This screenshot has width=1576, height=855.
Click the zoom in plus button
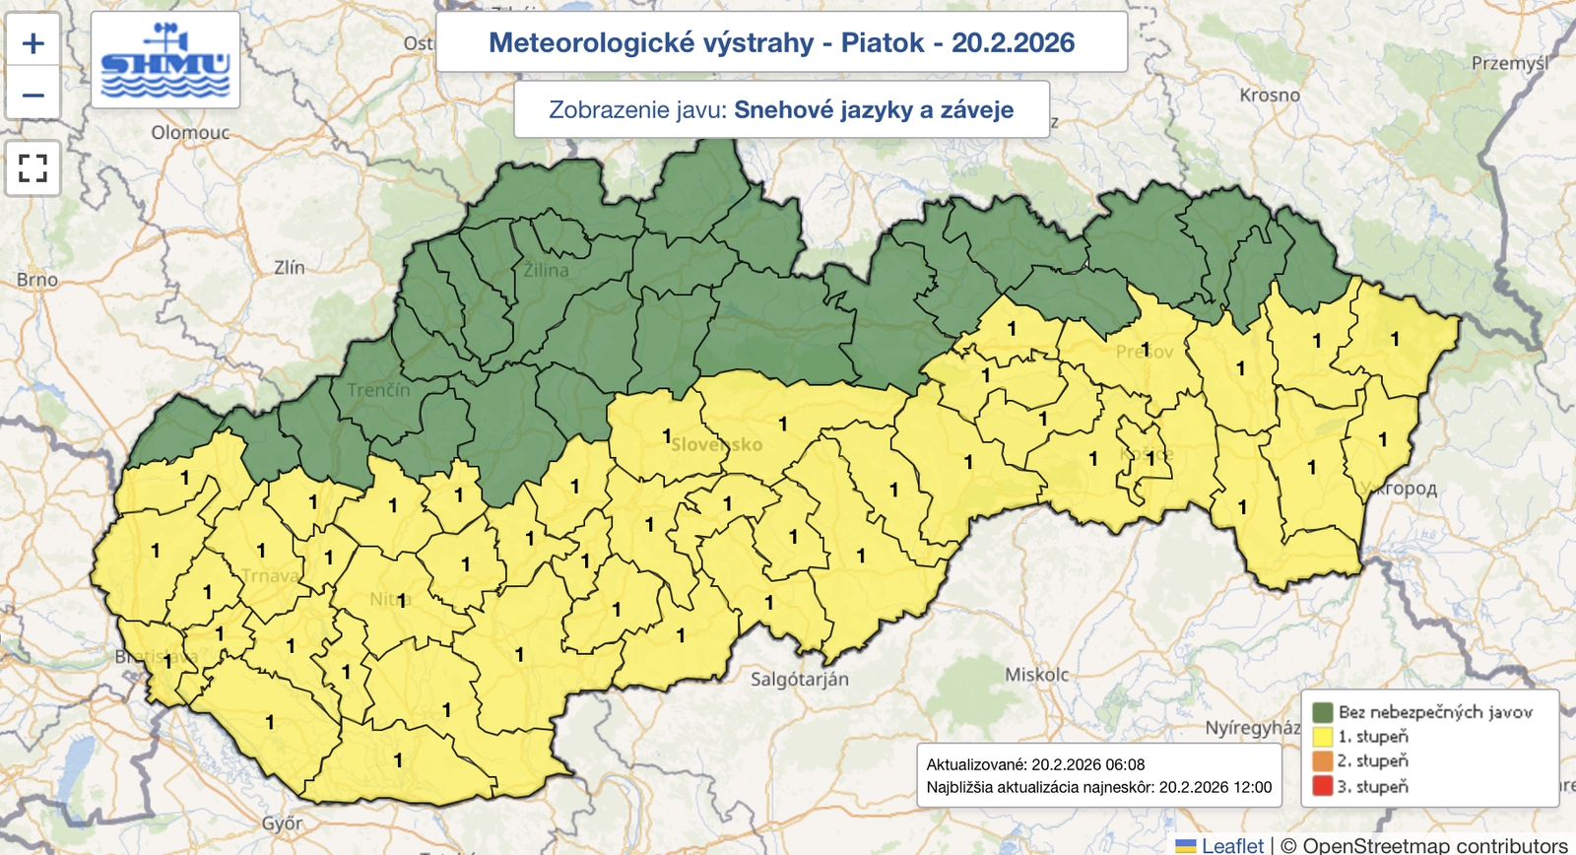coord(33,43)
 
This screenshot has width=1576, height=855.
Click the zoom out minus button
coord(33,96)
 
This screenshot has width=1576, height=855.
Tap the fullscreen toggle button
coord(33,168)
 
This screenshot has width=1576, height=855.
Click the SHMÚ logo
coord(165,61)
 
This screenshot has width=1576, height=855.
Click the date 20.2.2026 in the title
coord(1013,42)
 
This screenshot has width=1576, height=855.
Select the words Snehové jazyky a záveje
coord(874,109)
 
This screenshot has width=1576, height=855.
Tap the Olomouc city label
coord(190,132)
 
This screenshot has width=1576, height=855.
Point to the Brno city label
coord(37,280)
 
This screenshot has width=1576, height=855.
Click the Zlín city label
coord(289,267)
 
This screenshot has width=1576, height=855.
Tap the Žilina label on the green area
coord(546,270)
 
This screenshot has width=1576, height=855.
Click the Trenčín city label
coord(378,390)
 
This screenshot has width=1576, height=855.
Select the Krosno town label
coord(1270,96)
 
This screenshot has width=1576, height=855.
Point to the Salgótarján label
coord(799,679)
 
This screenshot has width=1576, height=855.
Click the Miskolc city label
coord(1036,675)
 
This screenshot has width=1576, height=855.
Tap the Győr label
coord(282,822)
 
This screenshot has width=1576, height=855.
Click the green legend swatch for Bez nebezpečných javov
coord(1322,712)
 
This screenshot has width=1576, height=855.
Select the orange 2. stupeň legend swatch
coord(1322,761)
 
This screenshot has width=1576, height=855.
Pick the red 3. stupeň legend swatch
coord(1322,786)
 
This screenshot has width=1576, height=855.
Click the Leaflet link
coord(1231,845)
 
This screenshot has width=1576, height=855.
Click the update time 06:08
coord(1124,764)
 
